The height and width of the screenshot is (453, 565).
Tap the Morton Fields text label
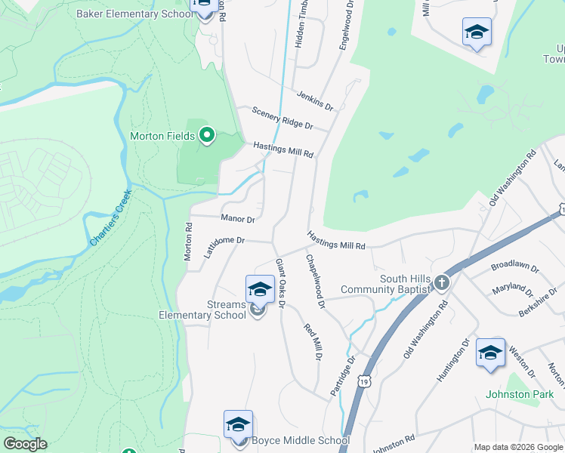point(162,137)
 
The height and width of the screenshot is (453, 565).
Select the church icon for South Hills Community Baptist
point(442,283)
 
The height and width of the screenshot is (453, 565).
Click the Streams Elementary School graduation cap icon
point(260,290)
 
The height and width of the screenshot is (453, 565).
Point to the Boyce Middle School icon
point(238,424)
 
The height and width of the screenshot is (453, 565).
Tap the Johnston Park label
point(519,394)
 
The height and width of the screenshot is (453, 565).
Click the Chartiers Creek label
point(111,218)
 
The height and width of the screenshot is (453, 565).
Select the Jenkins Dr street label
point(315,97)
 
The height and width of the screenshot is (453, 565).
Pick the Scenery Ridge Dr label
point(282,117)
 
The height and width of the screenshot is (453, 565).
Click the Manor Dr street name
point(238,219)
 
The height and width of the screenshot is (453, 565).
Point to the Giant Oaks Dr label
point(280,283)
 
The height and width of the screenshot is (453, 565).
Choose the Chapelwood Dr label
point(315,281)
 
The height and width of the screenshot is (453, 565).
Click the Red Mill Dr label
point(313,341)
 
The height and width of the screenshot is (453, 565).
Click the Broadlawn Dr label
point(515,268)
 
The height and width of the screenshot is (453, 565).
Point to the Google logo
point(25,444)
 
